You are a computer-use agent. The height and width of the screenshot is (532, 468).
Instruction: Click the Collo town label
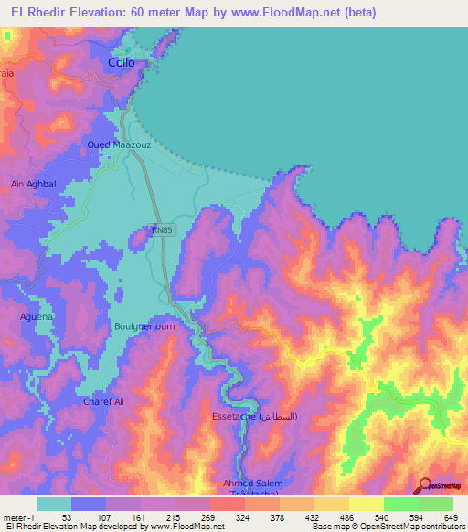(x=122, y=62)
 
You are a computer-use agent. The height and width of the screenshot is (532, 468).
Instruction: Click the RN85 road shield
(x=162, y=233)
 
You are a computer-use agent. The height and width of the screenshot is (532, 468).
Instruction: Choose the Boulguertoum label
(x=143, y=326)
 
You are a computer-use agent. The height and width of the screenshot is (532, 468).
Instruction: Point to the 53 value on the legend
(x=67, y=516)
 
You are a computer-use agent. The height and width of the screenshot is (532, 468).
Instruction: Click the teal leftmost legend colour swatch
(x=54, y=504)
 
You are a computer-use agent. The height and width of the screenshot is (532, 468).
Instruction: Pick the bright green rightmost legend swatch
(x=436, y=504)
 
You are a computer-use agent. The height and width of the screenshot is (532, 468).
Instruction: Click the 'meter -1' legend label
(x=18, y=516)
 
